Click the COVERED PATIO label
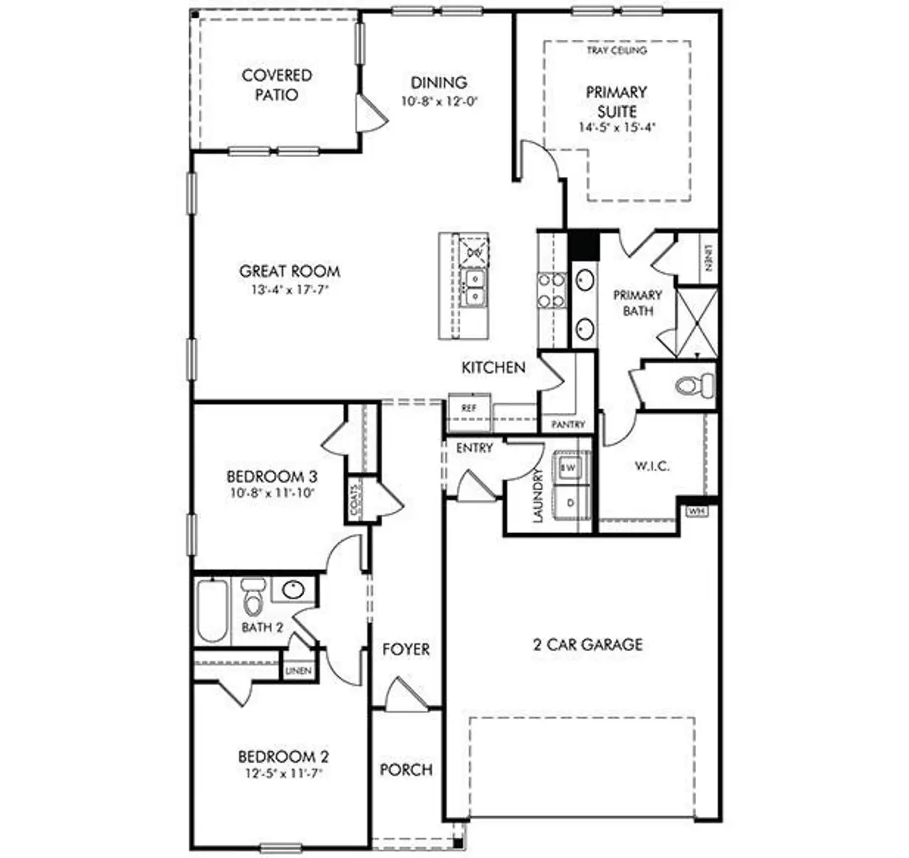tap(276, 85)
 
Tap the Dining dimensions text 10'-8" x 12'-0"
tap(439, 101)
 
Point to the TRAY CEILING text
tap(616, 50)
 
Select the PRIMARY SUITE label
tap(616, 102)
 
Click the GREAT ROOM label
tap(289, 271)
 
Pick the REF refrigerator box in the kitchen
tap(469, 408)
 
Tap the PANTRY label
tap(568, 424)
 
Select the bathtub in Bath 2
tap(212, 611)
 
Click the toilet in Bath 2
tap(252, 599)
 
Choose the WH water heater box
tap(694, 511)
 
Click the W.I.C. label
tap(651, 466)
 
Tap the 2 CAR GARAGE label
tap(587, 644)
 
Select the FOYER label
tap(405, 649)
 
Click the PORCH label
tap(405, 769)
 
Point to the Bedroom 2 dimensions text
tap(283, 773)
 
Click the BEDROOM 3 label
tap(271, 476)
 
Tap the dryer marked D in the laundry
tap(570, 503)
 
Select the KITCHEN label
tap(494, 368)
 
